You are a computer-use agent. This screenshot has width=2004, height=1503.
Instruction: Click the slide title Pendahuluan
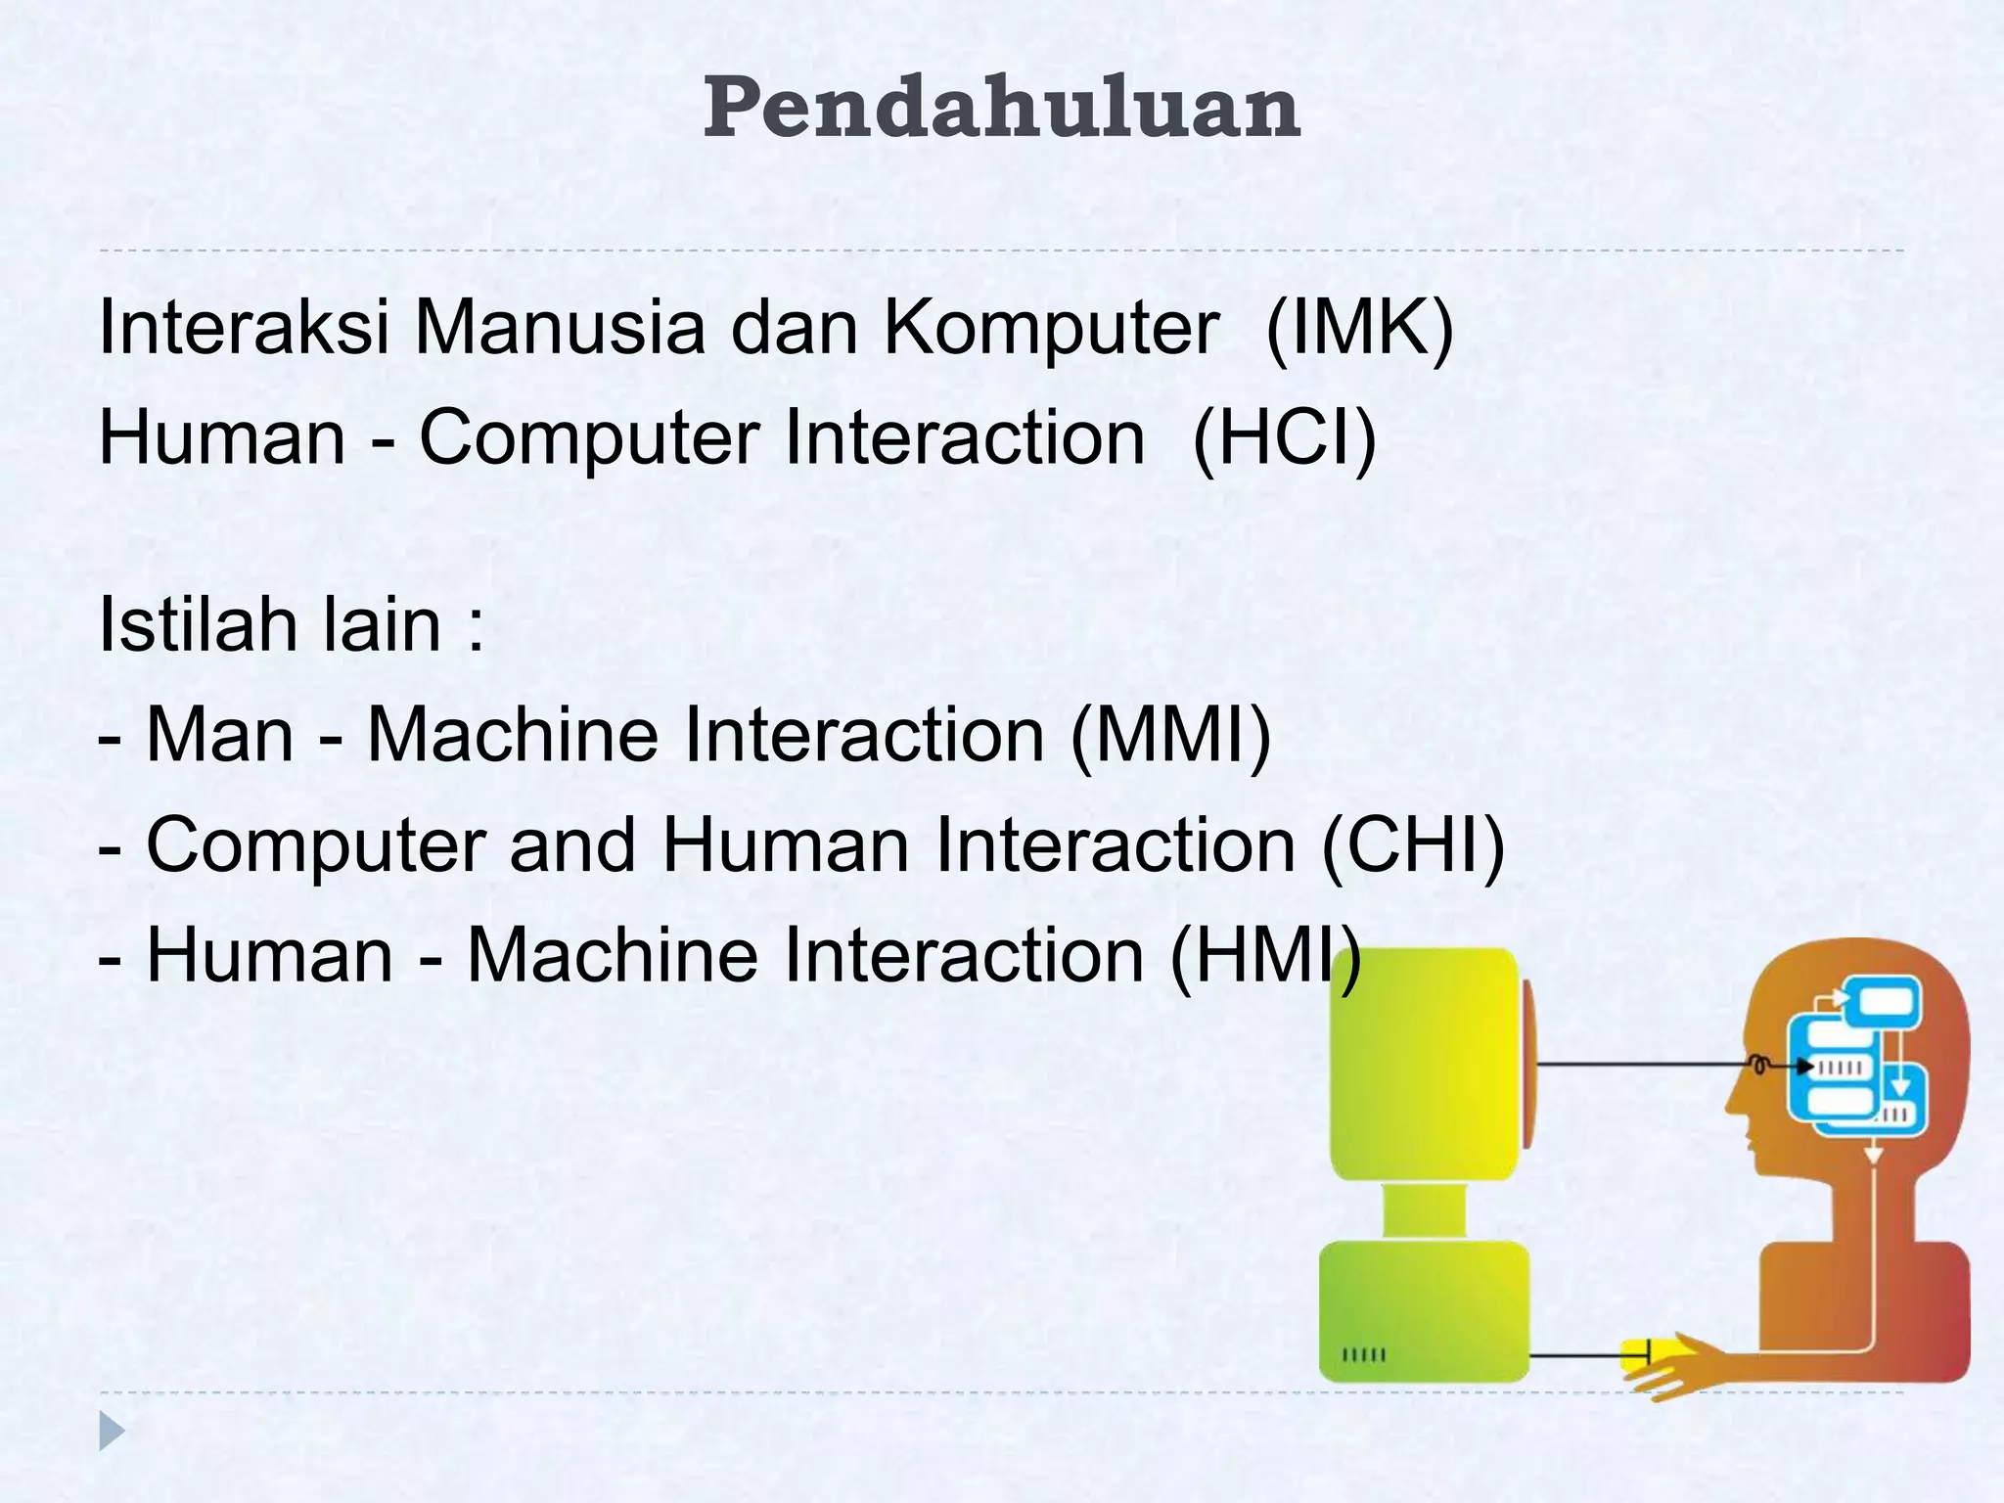click(x=1001, y=109)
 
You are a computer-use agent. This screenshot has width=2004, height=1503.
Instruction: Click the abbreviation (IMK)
click(x=1359, y=328)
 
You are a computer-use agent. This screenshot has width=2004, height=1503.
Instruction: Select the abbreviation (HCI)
click(x=1285, y=438)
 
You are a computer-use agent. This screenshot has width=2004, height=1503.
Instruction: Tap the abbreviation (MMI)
click(x=1171, y=736)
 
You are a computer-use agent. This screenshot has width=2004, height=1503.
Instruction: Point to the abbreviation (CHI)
click(x=1413, y=845)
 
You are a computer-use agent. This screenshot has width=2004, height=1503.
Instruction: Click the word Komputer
click(x=1052, y=328)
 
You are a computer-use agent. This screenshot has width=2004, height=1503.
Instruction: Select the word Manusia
click(x=559, y=328)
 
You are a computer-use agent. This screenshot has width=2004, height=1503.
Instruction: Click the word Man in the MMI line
click(x=219, y=736)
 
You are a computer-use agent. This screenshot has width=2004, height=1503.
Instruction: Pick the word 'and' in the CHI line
click(x=572, y=845)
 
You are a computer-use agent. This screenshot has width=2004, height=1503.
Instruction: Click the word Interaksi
click(x=245, y=328)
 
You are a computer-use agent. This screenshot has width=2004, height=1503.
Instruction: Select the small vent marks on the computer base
click(x=1364, y=1355)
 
